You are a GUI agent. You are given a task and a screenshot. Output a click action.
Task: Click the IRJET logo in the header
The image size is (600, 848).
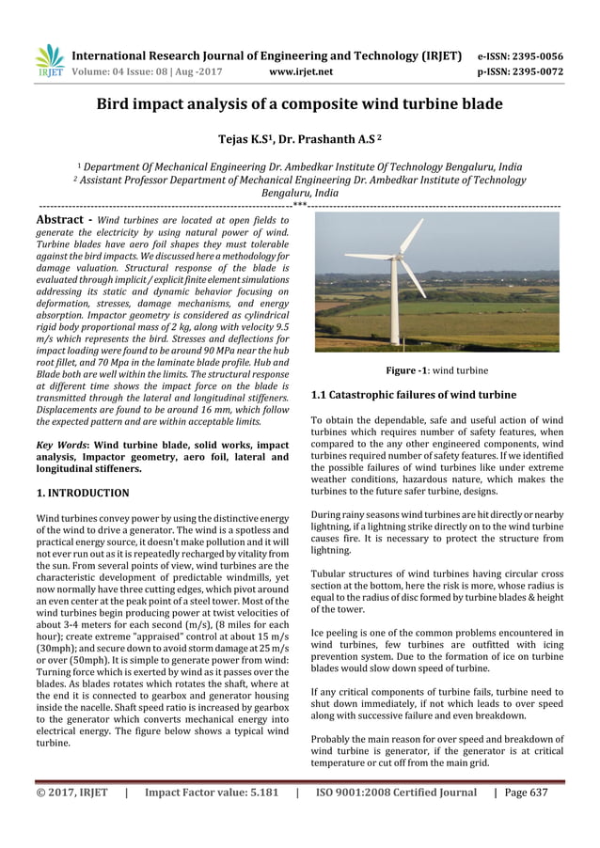49,60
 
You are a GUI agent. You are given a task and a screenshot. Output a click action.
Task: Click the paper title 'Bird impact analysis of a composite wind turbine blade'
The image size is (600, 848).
300,103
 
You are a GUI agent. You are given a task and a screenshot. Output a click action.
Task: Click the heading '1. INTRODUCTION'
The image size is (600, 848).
83,493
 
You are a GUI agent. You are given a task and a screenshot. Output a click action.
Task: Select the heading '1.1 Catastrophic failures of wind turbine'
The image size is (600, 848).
414,395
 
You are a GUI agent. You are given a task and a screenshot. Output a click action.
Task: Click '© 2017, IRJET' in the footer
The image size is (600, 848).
71,793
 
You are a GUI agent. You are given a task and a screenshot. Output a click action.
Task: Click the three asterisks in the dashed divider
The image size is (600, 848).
299,203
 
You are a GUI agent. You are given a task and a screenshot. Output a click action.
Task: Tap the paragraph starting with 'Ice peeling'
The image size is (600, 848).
436,650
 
